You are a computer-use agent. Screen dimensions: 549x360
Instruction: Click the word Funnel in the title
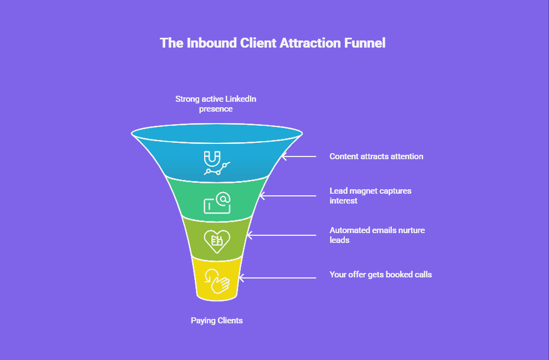pos(365,43)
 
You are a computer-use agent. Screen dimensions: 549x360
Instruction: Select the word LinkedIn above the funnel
pos(240,99)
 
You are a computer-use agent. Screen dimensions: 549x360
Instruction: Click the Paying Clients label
pos(217,321)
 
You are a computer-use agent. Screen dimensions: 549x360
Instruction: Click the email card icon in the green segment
pos(217,203)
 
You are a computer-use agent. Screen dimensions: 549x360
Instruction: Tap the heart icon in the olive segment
pos(217,241)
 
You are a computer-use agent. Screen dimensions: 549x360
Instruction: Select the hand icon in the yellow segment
pos(217,281)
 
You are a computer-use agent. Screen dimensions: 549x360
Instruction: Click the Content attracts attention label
pos(377,156)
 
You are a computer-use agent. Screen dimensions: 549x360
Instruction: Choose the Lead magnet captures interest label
pos(371,196)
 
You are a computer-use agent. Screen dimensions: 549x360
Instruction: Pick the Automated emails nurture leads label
pos(377,235)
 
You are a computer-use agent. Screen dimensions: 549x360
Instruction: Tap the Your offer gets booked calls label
pos(380,275)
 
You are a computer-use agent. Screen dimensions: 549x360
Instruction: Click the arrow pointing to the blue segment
pos(299,156)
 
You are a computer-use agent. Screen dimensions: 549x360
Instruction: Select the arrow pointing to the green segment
pos(288,196)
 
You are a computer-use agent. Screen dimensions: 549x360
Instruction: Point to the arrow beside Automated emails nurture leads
pos(281,235)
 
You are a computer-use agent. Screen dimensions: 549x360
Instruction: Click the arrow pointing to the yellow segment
pos(278,278)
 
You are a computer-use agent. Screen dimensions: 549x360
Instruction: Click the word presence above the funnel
pos(216,109)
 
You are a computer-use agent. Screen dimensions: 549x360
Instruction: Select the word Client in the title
pos(258,43)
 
